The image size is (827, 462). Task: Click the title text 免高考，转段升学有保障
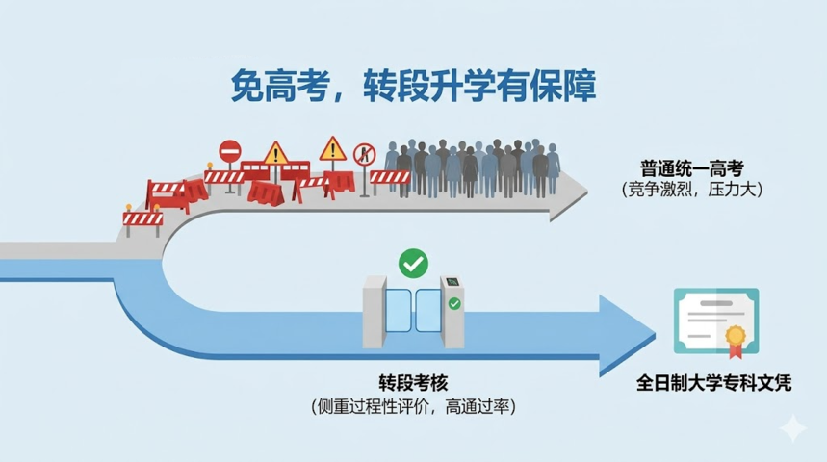(413, 86)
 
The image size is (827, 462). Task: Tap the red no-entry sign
(230, 152)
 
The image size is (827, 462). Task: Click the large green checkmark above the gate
(414, 263)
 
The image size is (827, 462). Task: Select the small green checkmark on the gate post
(454, 304)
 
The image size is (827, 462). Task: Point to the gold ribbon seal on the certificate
(736, 339)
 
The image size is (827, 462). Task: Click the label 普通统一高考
(691, 168)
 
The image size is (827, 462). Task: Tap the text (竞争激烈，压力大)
(692, 190)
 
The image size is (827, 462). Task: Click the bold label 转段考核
(413, 383)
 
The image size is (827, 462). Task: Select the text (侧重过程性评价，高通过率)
(414, 406)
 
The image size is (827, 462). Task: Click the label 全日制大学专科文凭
(713, 383)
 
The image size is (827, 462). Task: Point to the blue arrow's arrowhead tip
(655, 335)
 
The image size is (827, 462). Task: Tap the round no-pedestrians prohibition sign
(365, 155)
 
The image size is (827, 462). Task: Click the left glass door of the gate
(399, 311)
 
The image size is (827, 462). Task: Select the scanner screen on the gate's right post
(452, 282)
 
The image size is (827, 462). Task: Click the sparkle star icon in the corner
(793, 427)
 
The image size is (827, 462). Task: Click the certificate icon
(716, 322)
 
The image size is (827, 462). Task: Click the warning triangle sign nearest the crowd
(333, 149)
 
